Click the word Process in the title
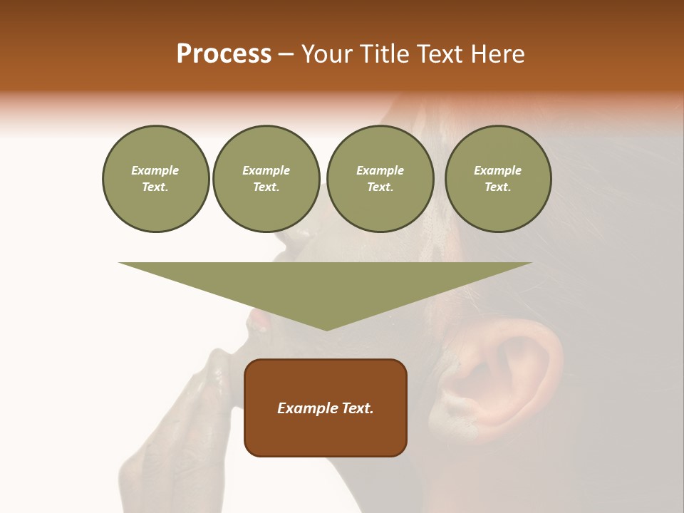point(224,54)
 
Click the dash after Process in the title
point(286,56)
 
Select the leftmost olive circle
point(155,179)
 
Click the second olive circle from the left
point(266,179)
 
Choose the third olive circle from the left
point(380,179)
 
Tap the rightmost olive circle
point(498,179)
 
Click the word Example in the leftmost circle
point(155,170)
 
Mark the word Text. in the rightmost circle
point(498,187)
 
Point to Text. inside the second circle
point(266,187)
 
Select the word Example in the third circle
point(380,170)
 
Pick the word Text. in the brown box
point(356,408)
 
